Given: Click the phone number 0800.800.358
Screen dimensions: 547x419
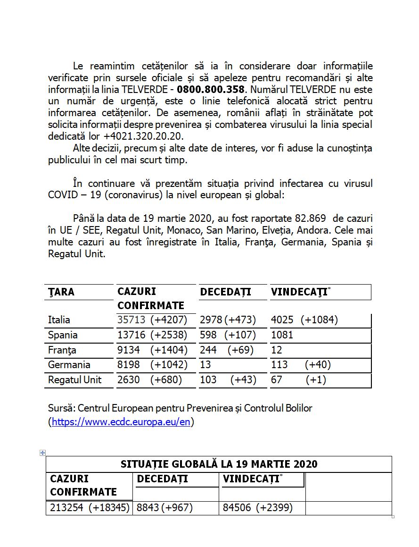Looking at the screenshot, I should coord(211,89).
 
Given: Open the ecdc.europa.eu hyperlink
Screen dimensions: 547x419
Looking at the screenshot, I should coord(121,422).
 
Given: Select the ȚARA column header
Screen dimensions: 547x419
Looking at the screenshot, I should coord(61,292).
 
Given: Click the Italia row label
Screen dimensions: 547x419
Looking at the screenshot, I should coord(59,320).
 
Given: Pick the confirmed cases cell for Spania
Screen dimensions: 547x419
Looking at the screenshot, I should coord(152,335).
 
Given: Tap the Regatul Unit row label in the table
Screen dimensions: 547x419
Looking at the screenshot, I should coord(74,380).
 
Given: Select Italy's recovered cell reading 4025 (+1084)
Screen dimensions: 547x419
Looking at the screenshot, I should coord(304,320).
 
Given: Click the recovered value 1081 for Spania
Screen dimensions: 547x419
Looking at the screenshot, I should coord(282,335).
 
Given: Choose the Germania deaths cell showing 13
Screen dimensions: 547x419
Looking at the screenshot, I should coord(205,365).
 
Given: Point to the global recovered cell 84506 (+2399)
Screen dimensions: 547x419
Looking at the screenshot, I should coord(257,508).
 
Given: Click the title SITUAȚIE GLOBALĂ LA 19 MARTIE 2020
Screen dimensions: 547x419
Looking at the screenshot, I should coord(219,464).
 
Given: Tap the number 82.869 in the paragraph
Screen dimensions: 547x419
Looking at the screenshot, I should coord(313,219).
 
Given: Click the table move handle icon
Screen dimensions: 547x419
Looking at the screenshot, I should coord(42,453).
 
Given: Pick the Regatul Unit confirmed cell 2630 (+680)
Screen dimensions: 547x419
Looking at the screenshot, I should coord(149,380).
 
